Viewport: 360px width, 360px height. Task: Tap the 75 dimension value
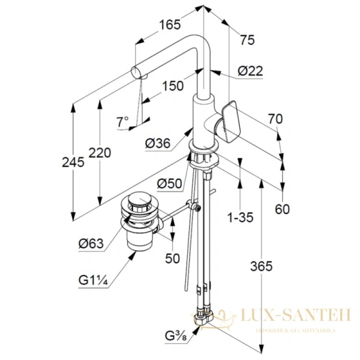coord(247,40)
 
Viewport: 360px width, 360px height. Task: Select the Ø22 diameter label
coord(250,71)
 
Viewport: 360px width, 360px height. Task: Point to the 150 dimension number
coord(173,86)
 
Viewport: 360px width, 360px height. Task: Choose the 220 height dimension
coord(100,153)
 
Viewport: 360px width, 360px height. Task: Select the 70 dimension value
coord(275,120)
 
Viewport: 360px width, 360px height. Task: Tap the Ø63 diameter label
coord(91,243)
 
